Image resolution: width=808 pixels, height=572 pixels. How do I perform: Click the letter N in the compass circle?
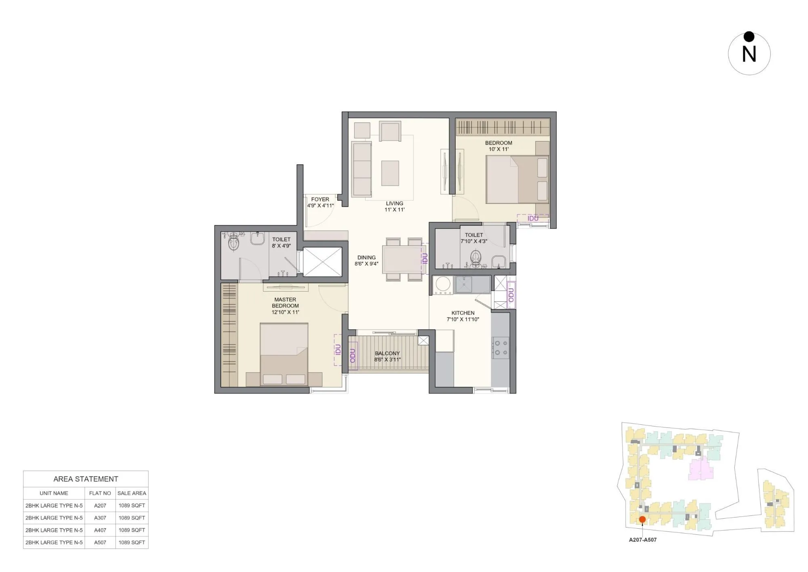749,54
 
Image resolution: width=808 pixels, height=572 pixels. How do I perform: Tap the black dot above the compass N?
749,37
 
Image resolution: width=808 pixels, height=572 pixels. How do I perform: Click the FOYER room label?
320,199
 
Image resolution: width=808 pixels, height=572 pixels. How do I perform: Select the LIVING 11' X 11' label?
394,206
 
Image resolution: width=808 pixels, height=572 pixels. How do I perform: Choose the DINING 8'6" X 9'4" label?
366,261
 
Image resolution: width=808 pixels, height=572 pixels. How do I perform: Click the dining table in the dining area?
402,259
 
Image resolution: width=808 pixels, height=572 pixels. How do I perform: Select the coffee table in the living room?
390,173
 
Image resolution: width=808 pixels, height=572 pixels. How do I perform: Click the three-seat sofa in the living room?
362,169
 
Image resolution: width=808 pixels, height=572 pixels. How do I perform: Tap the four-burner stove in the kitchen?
500,347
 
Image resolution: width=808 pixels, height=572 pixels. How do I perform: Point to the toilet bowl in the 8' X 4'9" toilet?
234,244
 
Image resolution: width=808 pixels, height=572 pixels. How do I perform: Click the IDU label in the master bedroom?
338,349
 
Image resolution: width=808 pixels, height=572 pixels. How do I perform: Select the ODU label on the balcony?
353,356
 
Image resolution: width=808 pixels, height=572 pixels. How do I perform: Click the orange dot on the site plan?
642,519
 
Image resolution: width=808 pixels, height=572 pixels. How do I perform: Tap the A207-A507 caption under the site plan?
642,540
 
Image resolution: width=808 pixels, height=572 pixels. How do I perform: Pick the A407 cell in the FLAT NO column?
100,530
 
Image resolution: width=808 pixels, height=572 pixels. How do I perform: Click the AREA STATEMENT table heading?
86,479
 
